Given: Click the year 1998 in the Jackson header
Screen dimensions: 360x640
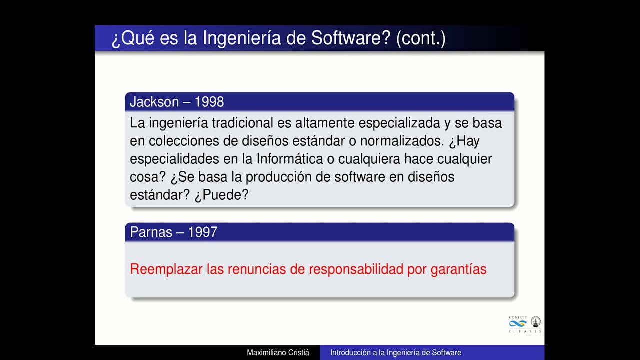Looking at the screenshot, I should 209,102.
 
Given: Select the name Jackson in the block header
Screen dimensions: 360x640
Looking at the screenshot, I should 154,102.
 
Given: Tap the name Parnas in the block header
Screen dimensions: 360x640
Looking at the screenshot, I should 150,232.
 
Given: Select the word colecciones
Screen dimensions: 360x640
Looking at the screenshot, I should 184,141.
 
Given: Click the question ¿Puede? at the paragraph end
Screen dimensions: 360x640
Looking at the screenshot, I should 221,195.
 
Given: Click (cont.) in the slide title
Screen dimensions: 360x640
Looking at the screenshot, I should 420,38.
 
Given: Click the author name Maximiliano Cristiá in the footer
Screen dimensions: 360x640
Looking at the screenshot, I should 278,353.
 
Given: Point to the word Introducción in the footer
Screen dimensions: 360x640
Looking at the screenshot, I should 350,353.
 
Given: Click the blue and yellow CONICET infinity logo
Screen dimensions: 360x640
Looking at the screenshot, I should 518,323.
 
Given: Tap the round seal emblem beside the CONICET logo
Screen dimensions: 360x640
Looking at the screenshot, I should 535,322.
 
